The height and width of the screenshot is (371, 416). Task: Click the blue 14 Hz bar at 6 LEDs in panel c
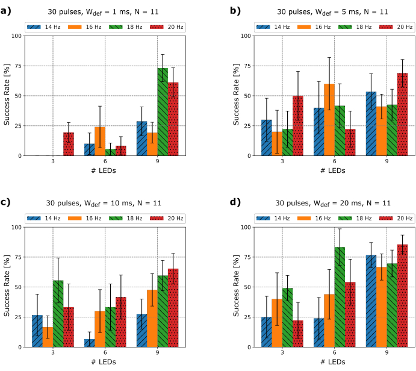tap(90, 343)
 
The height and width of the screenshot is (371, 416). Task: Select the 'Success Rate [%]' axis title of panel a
tap(7, 96)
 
